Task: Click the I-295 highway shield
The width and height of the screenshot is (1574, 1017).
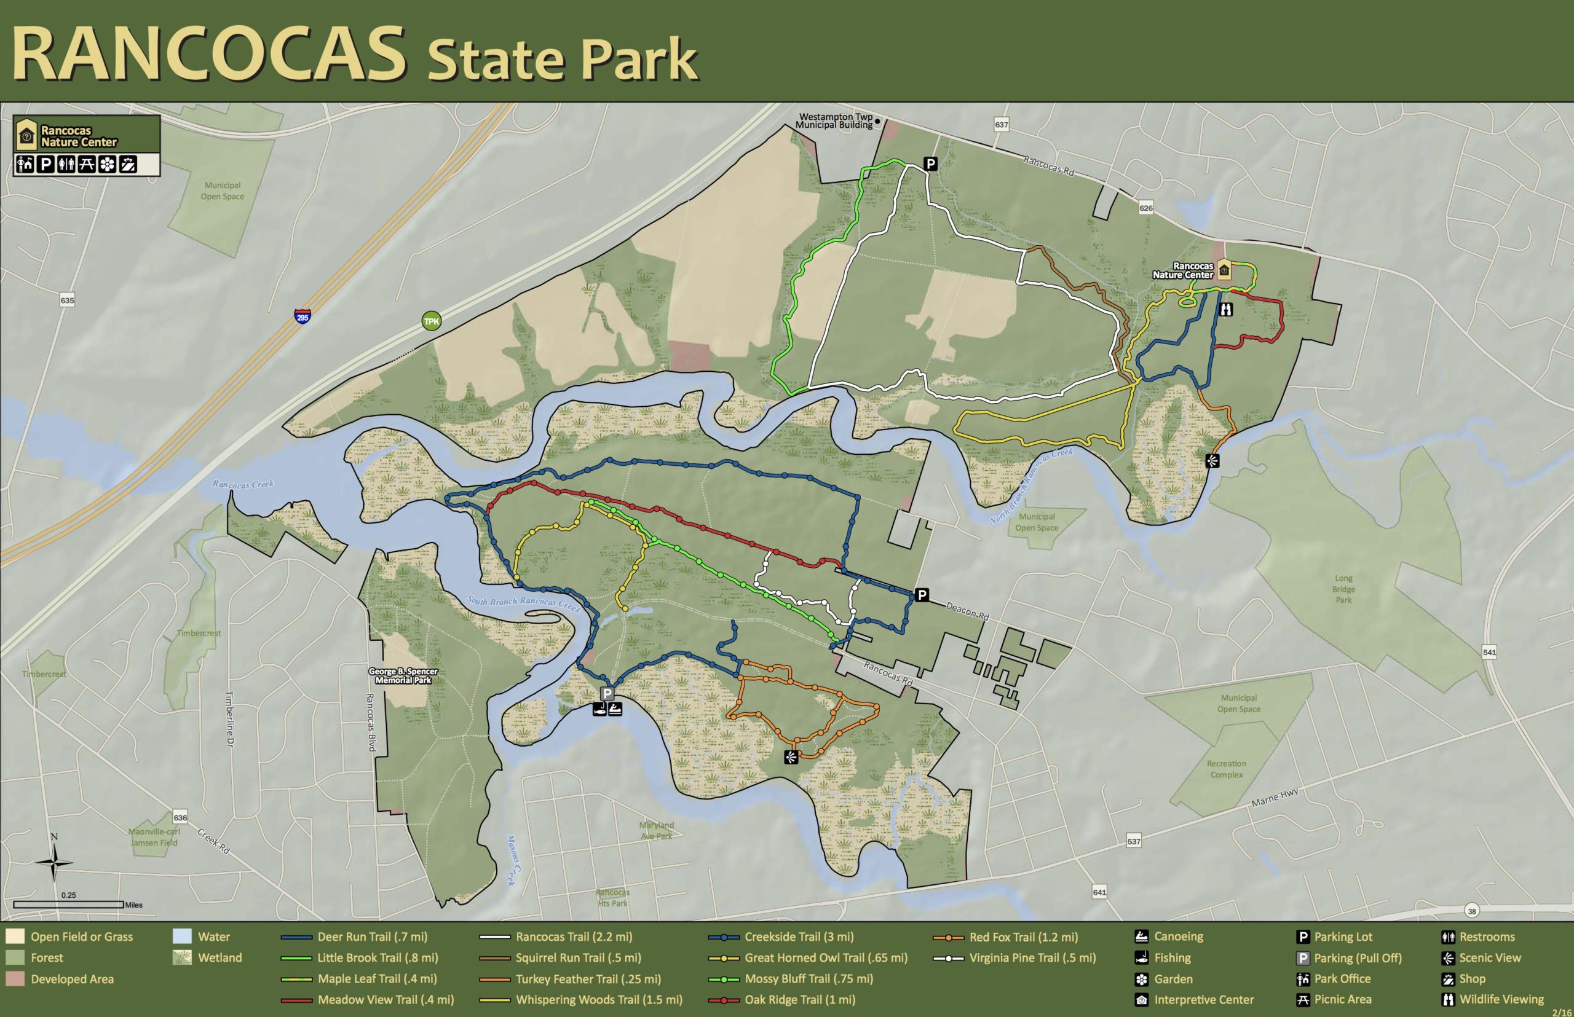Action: pyautogui.click(x=302, y=316)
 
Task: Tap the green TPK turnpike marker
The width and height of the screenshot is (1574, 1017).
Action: pyautogui.click(x=432, y=321)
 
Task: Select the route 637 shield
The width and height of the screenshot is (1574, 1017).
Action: pyautogui.click(x=1002, y=125)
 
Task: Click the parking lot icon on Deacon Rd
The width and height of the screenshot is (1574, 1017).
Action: pyautogui.click(x=922, y=594)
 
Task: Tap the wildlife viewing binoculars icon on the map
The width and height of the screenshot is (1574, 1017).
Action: pyautogui.click(x=1226, y=308)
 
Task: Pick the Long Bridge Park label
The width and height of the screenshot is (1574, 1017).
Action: pyautogui.click(x=1343, y=589)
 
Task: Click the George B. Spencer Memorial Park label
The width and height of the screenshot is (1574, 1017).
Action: pyautogui.click(x=403, y=675)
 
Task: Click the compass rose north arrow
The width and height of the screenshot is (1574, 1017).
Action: pyautogui.click(x=55, y=860)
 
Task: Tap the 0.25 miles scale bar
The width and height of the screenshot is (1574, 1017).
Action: pyautogui.click(x=69, y=904)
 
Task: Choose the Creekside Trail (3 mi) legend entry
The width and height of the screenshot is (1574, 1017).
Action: pyautogui.click(x=798, y=937)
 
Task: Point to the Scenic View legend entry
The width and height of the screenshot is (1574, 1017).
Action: pyautogui.click(x=1489, y=957)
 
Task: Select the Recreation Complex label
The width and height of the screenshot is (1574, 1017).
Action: pyautogui.click(x=1227, y=769)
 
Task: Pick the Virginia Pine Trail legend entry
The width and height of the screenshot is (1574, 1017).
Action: pyautogui.click(x=1032, y=957)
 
